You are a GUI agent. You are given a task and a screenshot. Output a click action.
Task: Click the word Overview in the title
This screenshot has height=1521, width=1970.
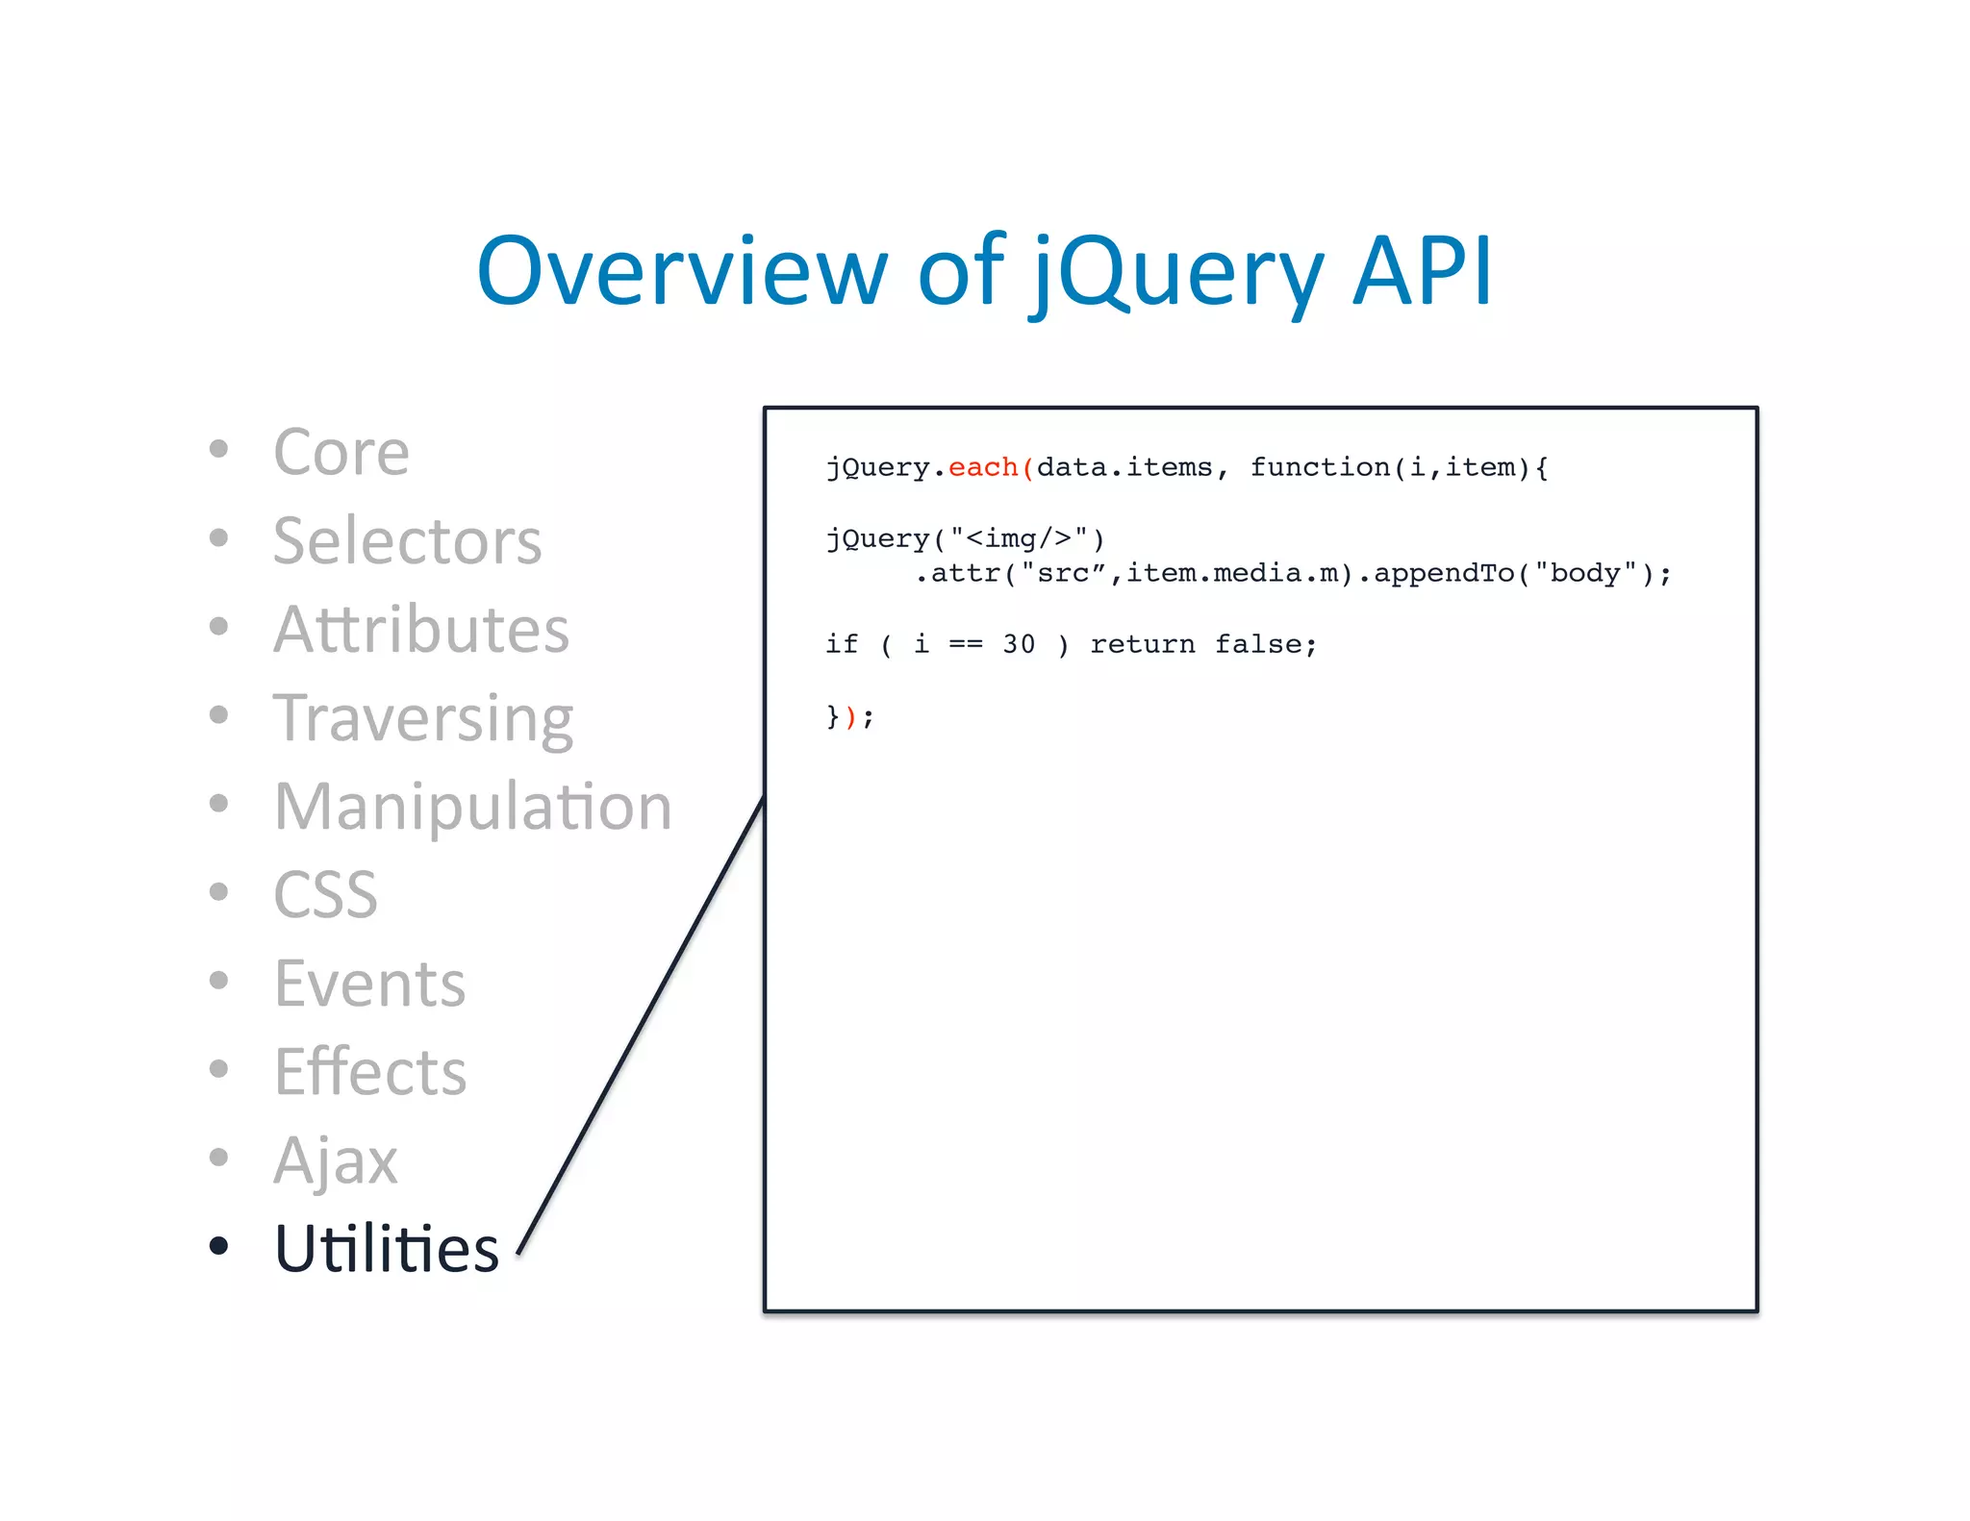pyautogui.click(x=681, y=271)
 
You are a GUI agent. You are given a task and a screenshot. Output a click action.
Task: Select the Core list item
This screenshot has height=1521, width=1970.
pyautogui.click(x=341, y=451)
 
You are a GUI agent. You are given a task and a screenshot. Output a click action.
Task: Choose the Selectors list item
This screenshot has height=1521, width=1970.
pyautogui.click(x=407, y=540)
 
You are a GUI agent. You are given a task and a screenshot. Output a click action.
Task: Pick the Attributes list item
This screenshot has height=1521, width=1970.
pyautogui.click(x=420, y=629)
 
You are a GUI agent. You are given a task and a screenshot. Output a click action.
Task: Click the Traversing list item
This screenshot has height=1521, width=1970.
pyautogui.click(x=422, y=718)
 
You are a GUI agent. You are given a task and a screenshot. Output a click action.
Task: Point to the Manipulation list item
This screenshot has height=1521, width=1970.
pyautogui.click(x=472, y=806)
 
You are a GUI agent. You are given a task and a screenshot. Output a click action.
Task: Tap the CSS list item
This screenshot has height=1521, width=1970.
pyautogui.click(x=325, y=894)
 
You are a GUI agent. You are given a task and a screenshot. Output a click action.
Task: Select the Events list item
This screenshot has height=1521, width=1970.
pyautogui.click(x=369, y=983)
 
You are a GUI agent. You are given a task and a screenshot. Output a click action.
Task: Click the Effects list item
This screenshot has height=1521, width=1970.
pyautogui.click(x=369, y=1071)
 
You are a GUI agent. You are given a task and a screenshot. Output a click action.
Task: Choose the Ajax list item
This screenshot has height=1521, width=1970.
pyautogui.click(x=335, y=1160)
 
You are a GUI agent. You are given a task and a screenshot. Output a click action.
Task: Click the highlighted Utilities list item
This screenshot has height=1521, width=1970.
pyautogui.click(x=386, y=1248)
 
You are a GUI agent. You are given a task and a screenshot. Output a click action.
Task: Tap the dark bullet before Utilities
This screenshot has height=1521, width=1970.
pyautogui.click(x=218, y=1246)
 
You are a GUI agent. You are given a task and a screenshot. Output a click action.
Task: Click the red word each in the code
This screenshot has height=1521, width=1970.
pyautogui.click(x=982, y=467)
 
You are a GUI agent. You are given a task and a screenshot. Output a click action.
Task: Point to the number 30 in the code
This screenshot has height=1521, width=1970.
pyautogui.click(x=1019, y=644)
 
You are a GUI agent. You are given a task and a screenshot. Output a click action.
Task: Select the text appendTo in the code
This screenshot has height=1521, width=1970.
pyautogui.click(x=1443, y=574)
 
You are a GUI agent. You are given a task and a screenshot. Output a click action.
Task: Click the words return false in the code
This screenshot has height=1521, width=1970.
pyautogui.click(x=1202, y=644)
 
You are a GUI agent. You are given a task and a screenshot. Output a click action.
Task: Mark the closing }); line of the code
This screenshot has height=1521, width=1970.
pyautogui.click(x=849, y=716)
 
